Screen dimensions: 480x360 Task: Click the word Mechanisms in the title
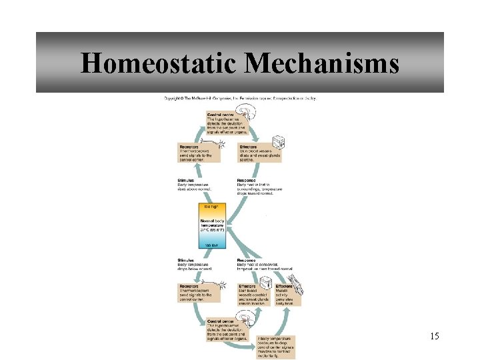(x=322, y=63)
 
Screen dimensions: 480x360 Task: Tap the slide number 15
(x=435, y=335)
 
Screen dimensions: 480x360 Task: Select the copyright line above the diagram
(x=240, y=98)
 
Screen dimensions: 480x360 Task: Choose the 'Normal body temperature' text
(x=214, y=226)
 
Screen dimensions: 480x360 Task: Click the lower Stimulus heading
(x=186, y=260)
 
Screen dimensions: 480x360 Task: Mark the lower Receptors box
(x=196, y=293)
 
